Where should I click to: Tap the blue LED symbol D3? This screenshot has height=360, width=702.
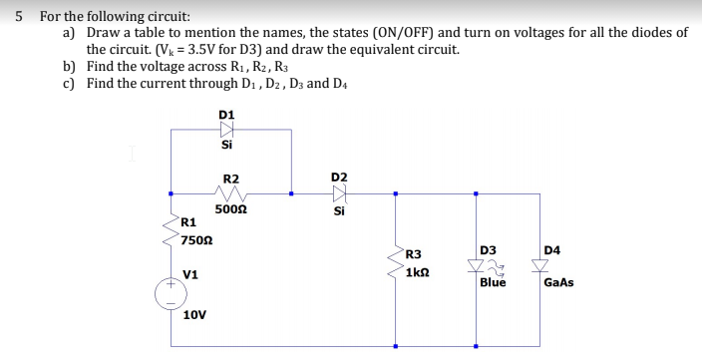click(477, 265)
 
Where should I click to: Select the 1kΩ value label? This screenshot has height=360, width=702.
click(418, 272)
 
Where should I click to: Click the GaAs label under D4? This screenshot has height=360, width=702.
click(558, 283)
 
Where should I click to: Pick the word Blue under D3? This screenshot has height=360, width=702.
click(493, 283)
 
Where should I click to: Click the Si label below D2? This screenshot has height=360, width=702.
click(338, 210)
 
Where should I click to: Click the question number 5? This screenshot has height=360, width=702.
click(18, 16)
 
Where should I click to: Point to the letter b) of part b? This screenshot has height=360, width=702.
click(69, 66)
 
